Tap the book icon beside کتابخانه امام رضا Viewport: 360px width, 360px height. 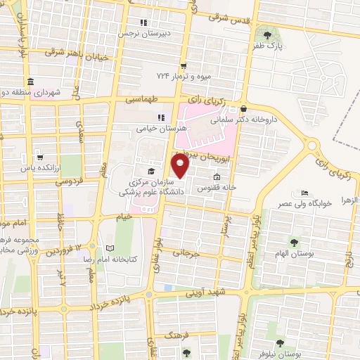[108, 247]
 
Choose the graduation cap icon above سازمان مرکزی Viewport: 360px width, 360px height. [150, 171]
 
